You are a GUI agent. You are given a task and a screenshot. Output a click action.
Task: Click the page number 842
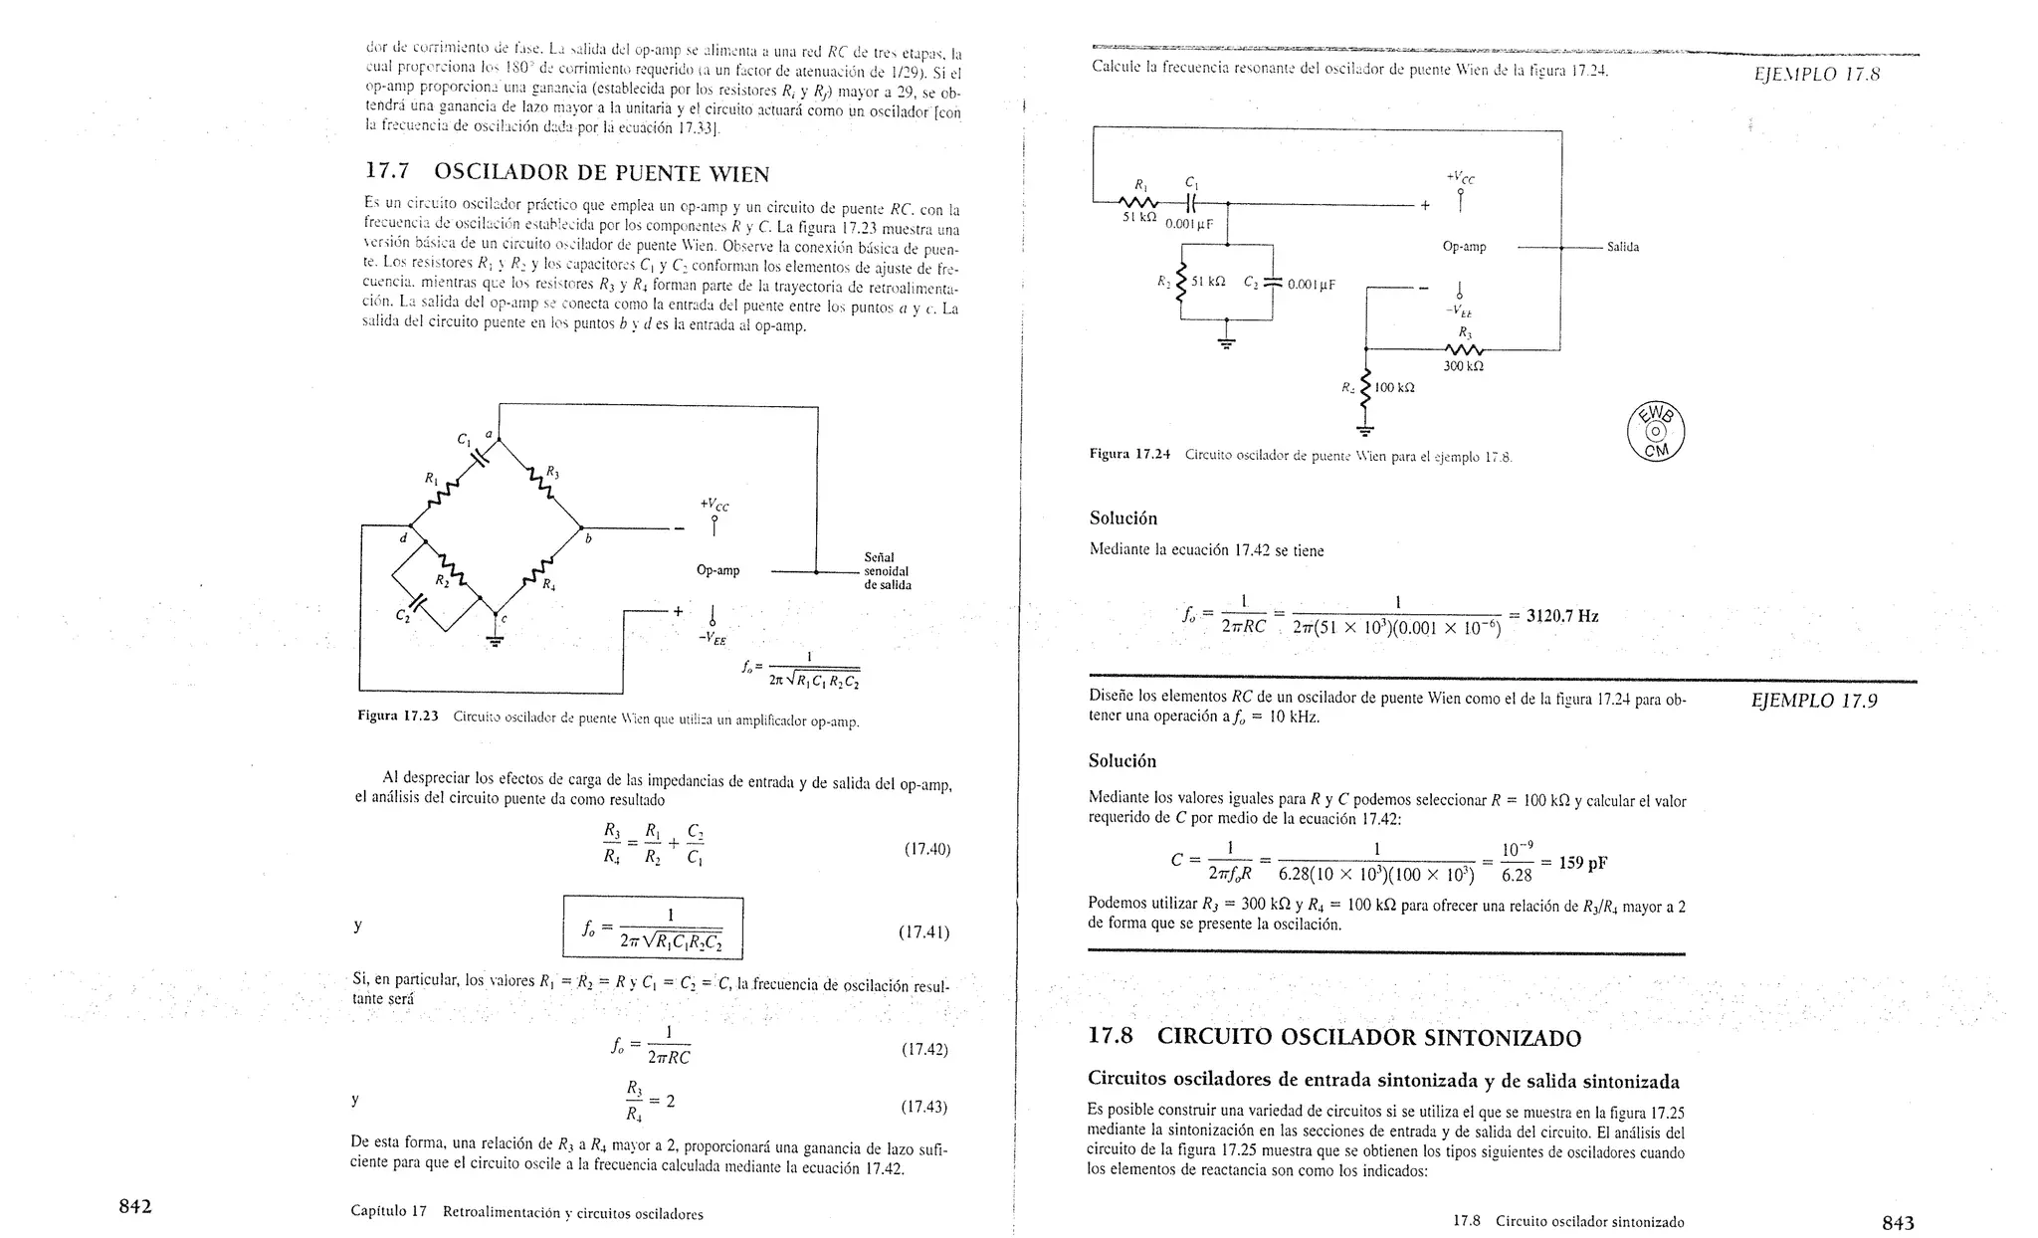(x=135, y=1207)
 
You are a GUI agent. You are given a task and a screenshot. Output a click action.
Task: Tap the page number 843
(x=1898, y=1222)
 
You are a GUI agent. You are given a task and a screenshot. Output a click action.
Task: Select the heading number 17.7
(x=389, y=172)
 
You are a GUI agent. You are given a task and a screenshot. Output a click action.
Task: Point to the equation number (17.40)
(x=926, y=849)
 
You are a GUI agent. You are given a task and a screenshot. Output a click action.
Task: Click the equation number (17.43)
(x=923, y=1107)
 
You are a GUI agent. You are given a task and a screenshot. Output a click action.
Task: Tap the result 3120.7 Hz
(x=1562, y=616)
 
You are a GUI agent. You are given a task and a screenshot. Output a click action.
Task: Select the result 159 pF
(x=1582, y=863)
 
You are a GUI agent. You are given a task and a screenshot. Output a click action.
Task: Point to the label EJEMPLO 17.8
(x=1817, y=75)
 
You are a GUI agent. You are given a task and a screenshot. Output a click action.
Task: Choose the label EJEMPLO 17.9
(x=1814, y=701)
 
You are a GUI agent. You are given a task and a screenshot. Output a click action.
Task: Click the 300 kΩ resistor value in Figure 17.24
(x=1463, y=366)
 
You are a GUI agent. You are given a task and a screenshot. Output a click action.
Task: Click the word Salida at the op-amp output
(x=1622, y=247)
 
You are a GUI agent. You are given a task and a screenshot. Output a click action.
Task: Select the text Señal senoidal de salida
(x=887, y=571)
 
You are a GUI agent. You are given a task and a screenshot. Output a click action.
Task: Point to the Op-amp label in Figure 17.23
(x=717, y=570)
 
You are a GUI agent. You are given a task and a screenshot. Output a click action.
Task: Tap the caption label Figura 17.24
(x=1129, y=455)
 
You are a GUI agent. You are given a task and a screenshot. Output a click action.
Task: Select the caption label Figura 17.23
(x=398, y=717)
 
